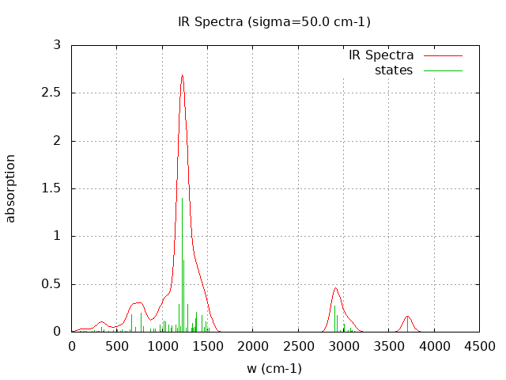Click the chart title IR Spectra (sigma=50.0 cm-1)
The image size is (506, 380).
point(274,21)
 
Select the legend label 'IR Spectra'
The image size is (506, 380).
point(381,55)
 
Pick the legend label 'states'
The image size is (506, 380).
point(394,70)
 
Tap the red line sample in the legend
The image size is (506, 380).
point(443,55)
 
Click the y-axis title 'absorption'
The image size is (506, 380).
point(11,188)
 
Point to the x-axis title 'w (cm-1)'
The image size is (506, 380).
point(274,368)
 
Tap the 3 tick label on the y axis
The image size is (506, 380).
point(57,45)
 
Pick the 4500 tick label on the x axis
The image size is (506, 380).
point(479,346)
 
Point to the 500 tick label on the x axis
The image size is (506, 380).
point(117,346)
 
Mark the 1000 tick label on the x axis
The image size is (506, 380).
point(162,346)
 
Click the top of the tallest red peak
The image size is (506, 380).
point(182,75)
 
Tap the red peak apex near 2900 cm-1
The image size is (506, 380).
point(335,288)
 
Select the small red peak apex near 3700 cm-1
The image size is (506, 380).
point(408,316)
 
